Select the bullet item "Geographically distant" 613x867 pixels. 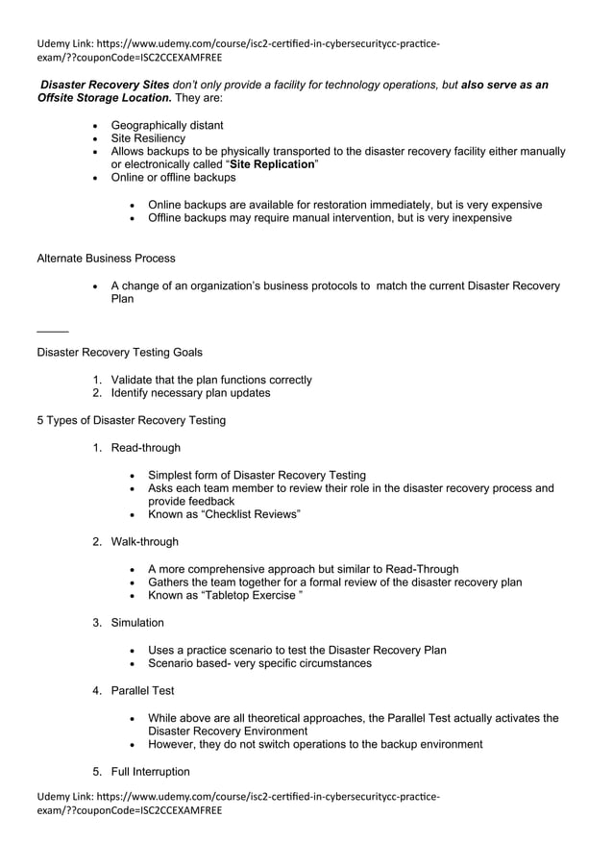click(167, 125)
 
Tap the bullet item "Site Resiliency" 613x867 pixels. click(148, 138)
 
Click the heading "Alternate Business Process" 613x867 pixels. click(106, 259)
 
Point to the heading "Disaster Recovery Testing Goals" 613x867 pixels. click(119, 352)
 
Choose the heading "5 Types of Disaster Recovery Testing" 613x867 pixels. click(131, 420)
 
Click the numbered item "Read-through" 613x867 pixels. click(145, 447)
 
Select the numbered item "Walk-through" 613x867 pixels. click(144, 541)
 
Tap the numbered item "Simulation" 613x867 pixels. click(137, 622)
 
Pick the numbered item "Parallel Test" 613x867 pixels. click(142, 690)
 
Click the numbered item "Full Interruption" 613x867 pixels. click(150, 771)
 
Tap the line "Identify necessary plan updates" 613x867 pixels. click(190, 392)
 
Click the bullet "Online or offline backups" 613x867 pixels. click(173, 178)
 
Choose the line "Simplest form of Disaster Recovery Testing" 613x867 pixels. click(257, 475)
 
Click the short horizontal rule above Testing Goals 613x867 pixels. click(52, 332)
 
